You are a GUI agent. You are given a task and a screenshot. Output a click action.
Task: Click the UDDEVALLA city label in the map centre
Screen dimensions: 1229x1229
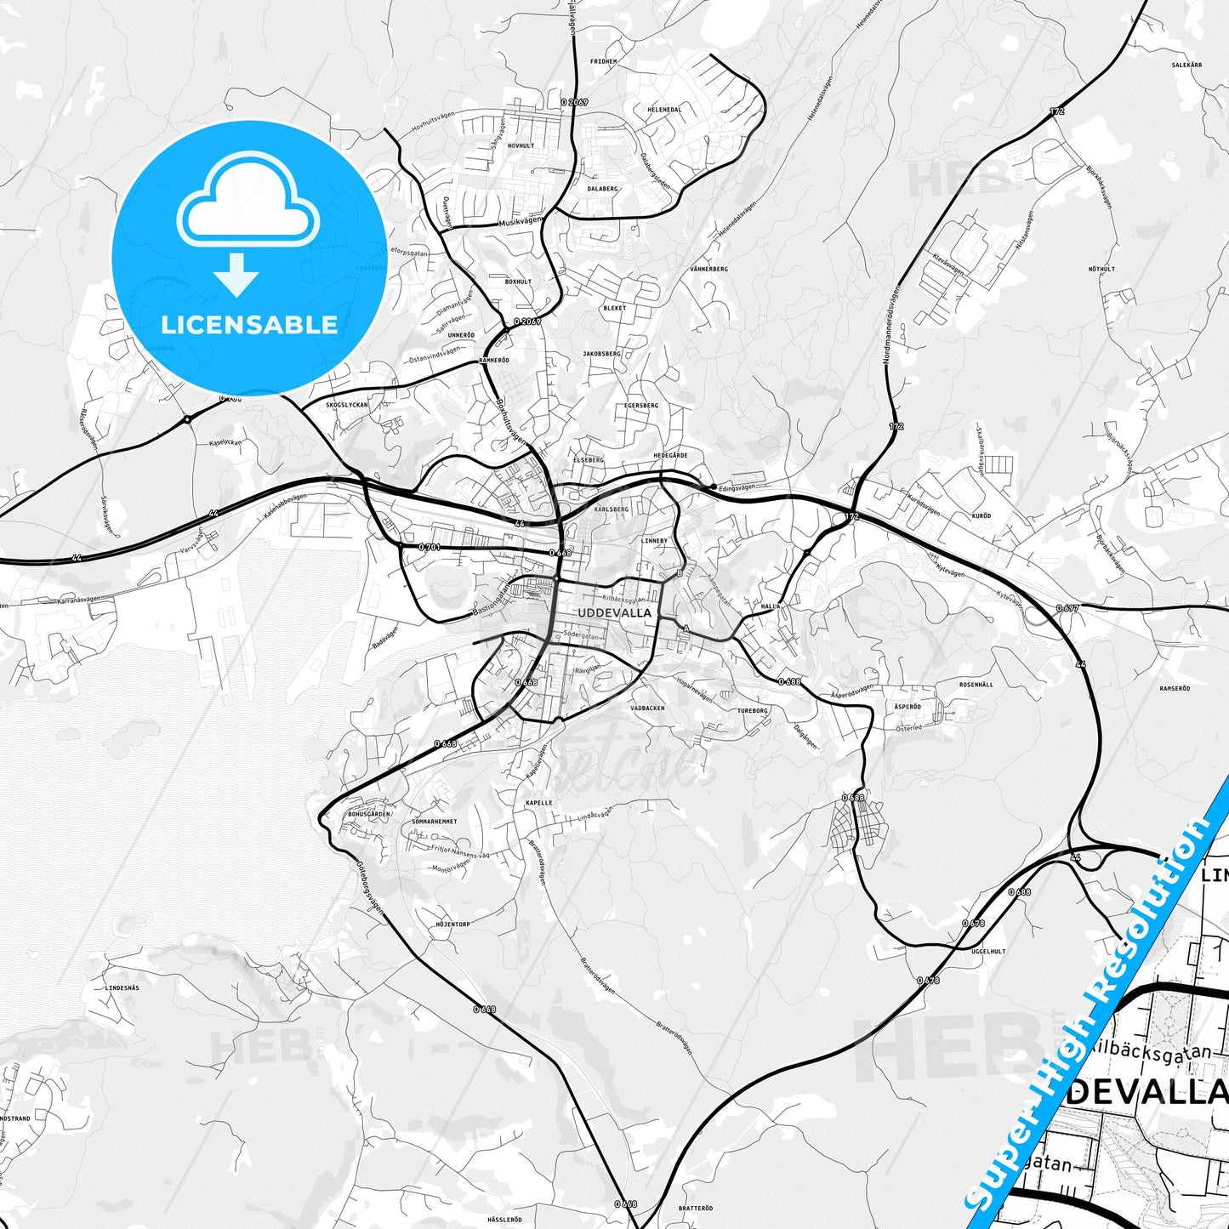[x=614, y=612]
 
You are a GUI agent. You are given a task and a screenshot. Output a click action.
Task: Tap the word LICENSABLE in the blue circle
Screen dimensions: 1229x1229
[x=249, y=325]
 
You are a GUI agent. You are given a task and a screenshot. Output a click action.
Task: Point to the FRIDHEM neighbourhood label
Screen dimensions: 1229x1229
[x=603, y=62]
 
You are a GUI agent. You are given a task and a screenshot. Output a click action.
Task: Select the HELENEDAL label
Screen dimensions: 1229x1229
[x=664, y=110]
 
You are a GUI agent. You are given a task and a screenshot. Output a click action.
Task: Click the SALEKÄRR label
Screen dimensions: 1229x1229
[x=1186, y=65]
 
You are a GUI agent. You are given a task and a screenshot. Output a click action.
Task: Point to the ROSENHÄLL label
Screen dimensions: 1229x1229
[x=976, y=685]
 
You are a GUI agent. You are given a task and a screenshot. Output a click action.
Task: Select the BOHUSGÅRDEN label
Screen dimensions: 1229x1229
[x=369, y=814]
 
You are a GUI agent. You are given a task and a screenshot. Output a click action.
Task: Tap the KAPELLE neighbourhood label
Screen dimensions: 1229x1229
[x=538, y=802]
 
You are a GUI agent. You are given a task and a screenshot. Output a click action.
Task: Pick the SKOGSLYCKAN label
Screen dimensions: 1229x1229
[x=347, y=405]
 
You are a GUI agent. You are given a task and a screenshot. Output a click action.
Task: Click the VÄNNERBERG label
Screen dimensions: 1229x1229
[x=708, y=269]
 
